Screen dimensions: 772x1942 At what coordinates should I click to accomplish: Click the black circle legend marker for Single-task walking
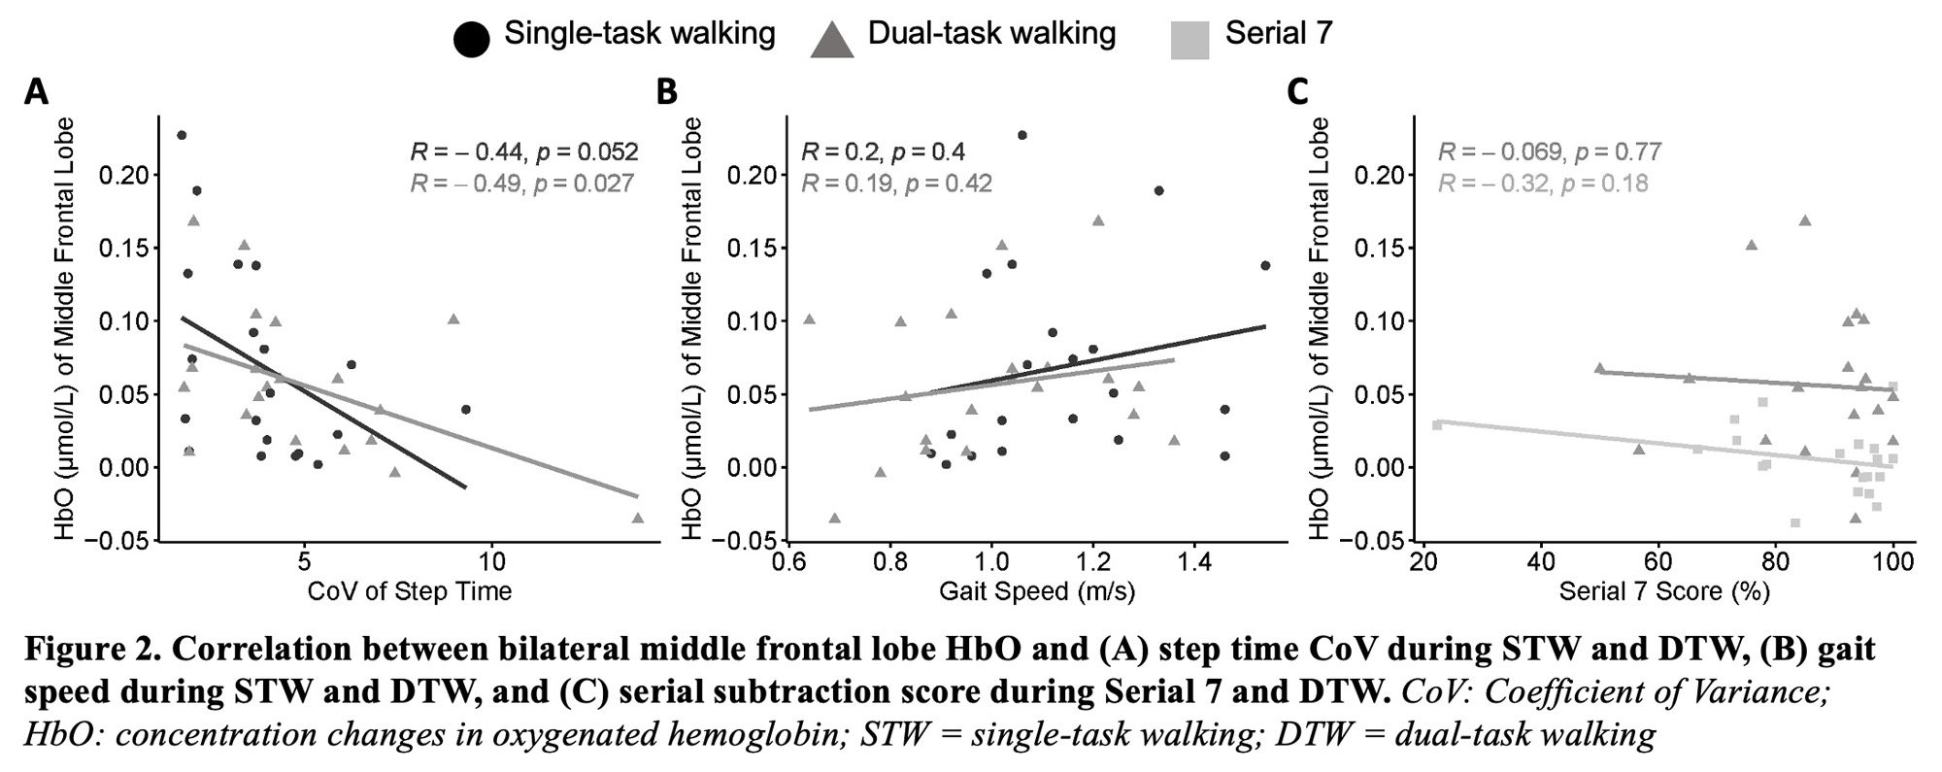pos(472,39)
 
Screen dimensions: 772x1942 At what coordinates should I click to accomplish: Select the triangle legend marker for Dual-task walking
pos(831,40)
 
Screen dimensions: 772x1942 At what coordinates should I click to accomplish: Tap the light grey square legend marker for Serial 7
pos(1190,40)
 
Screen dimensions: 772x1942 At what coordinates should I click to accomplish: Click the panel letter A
pos(36,92)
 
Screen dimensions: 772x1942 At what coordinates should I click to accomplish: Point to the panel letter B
pos(667,92)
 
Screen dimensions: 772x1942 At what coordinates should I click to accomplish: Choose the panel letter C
pos(1297,92)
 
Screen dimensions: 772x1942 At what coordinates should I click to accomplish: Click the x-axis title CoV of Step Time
pos(409,590)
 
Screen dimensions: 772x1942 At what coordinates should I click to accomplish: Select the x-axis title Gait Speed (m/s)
pos(1037,590)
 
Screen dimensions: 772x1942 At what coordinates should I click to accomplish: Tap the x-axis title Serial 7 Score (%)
pos(1664,590)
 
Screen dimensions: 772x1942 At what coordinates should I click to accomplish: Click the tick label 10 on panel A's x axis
pos(492,561)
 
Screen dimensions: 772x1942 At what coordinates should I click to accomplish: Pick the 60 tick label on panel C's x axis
pos(1658,561)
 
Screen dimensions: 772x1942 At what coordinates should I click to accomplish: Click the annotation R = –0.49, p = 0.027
pos(522,183)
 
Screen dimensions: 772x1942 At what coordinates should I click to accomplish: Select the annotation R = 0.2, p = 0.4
pos(883,151)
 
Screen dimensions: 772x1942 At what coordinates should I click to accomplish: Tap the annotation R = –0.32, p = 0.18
pos(1543,183)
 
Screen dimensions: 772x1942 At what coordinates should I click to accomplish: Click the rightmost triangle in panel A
pos(638,518)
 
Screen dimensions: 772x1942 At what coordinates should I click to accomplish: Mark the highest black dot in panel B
pos(1021,135)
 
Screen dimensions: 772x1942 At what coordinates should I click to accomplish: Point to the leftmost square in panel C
pos(1437,424)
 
